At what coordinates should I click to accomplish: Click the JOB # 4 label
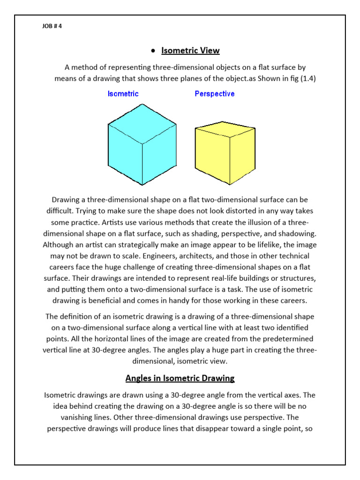point(52,26)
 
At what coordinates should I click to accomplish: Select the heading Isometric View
point(190,51)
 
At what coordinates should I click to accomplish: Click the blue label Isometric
point(123,94)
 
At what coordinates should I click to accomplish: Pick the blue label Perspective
point(215,94)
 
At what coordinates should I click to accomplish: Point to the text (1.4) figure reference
point(306,78)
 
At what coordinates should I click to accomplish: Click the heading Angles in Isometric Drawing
point(180,378)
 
